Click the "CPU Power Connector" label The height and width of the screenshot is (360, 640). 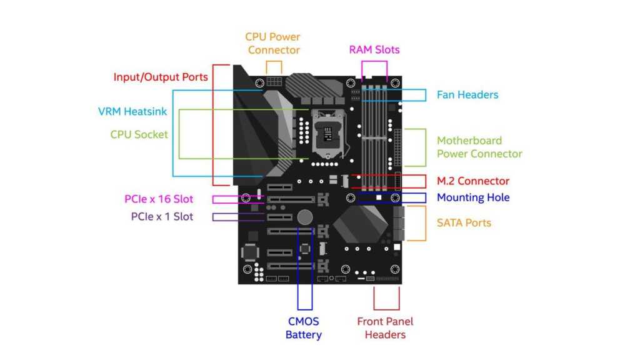pos(272,43)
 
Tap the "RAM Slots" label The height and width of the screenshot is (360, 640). pos(374,49)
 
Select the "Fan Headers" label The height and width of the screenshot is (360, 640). pos(467,95)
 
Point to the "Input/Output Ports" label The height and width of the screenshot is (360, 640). pos(161,77)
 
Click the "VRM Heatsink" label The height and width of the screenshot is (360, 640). pos(132,112)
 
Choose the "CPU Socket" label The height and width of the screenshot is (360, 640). pos(139,134)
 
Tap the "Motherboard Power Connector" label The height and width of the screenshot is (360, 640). pos(479,147)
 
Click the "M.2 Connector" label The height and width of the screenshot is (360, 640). pos(473,181)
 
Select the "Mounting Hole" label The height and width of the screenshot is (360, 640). pos(473,197)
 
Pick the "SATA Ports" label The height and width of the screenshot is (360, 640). pos(464,222)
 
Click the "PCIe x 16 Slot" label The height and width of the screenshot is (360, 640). pos(159,199)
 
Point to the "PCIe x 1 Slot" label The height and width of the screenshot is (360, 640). pos(162,217)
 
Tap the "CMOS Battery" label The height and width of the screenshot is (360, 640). pos(304,328)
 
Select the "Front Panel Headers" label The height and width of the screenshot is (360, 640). pos(385,328)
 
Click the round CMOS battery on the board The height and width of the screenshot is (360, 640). pos(305,217)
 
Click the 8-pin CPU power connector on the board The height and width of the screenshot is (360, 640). pos(274,82)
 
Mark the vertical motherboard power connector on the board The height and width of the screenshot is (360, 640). pos(397,147)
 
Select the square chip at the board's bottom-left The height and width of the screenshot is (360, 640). pos(251,252)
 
